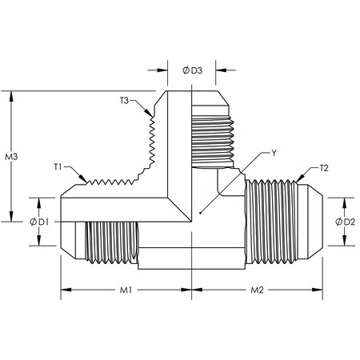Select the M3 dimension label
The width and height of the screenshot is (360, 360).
click(11, 155)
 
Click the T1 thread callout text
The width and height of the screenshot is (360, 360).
click(58, 166)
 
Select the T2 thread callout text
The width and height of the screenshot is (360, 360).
click(323, 168)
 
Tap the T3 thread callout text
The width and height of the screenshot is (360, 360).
click(125, 100)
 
